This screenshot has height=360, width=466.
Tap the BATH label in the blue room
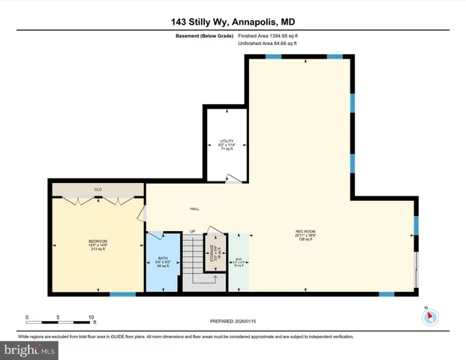pyautogui.click(x=163, y=259)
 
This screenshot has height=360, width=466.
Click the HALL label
pyautogui.click(x=194, y=209)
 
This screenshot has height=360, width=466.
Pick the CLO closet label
pyautogui.click(x=98, y=190)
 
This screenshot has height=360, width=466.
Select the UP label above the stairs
pyautogui.click(x=192, y=231)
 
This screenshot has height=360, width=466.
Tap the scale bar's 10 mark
pyautogui.click(x=91, y=316)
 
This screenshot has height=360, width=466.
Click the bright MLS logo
pyautogui.click(x=31, y=349)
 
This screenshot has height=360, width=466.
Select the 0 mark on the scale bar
pyautogui.click(x=27, y=316)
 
